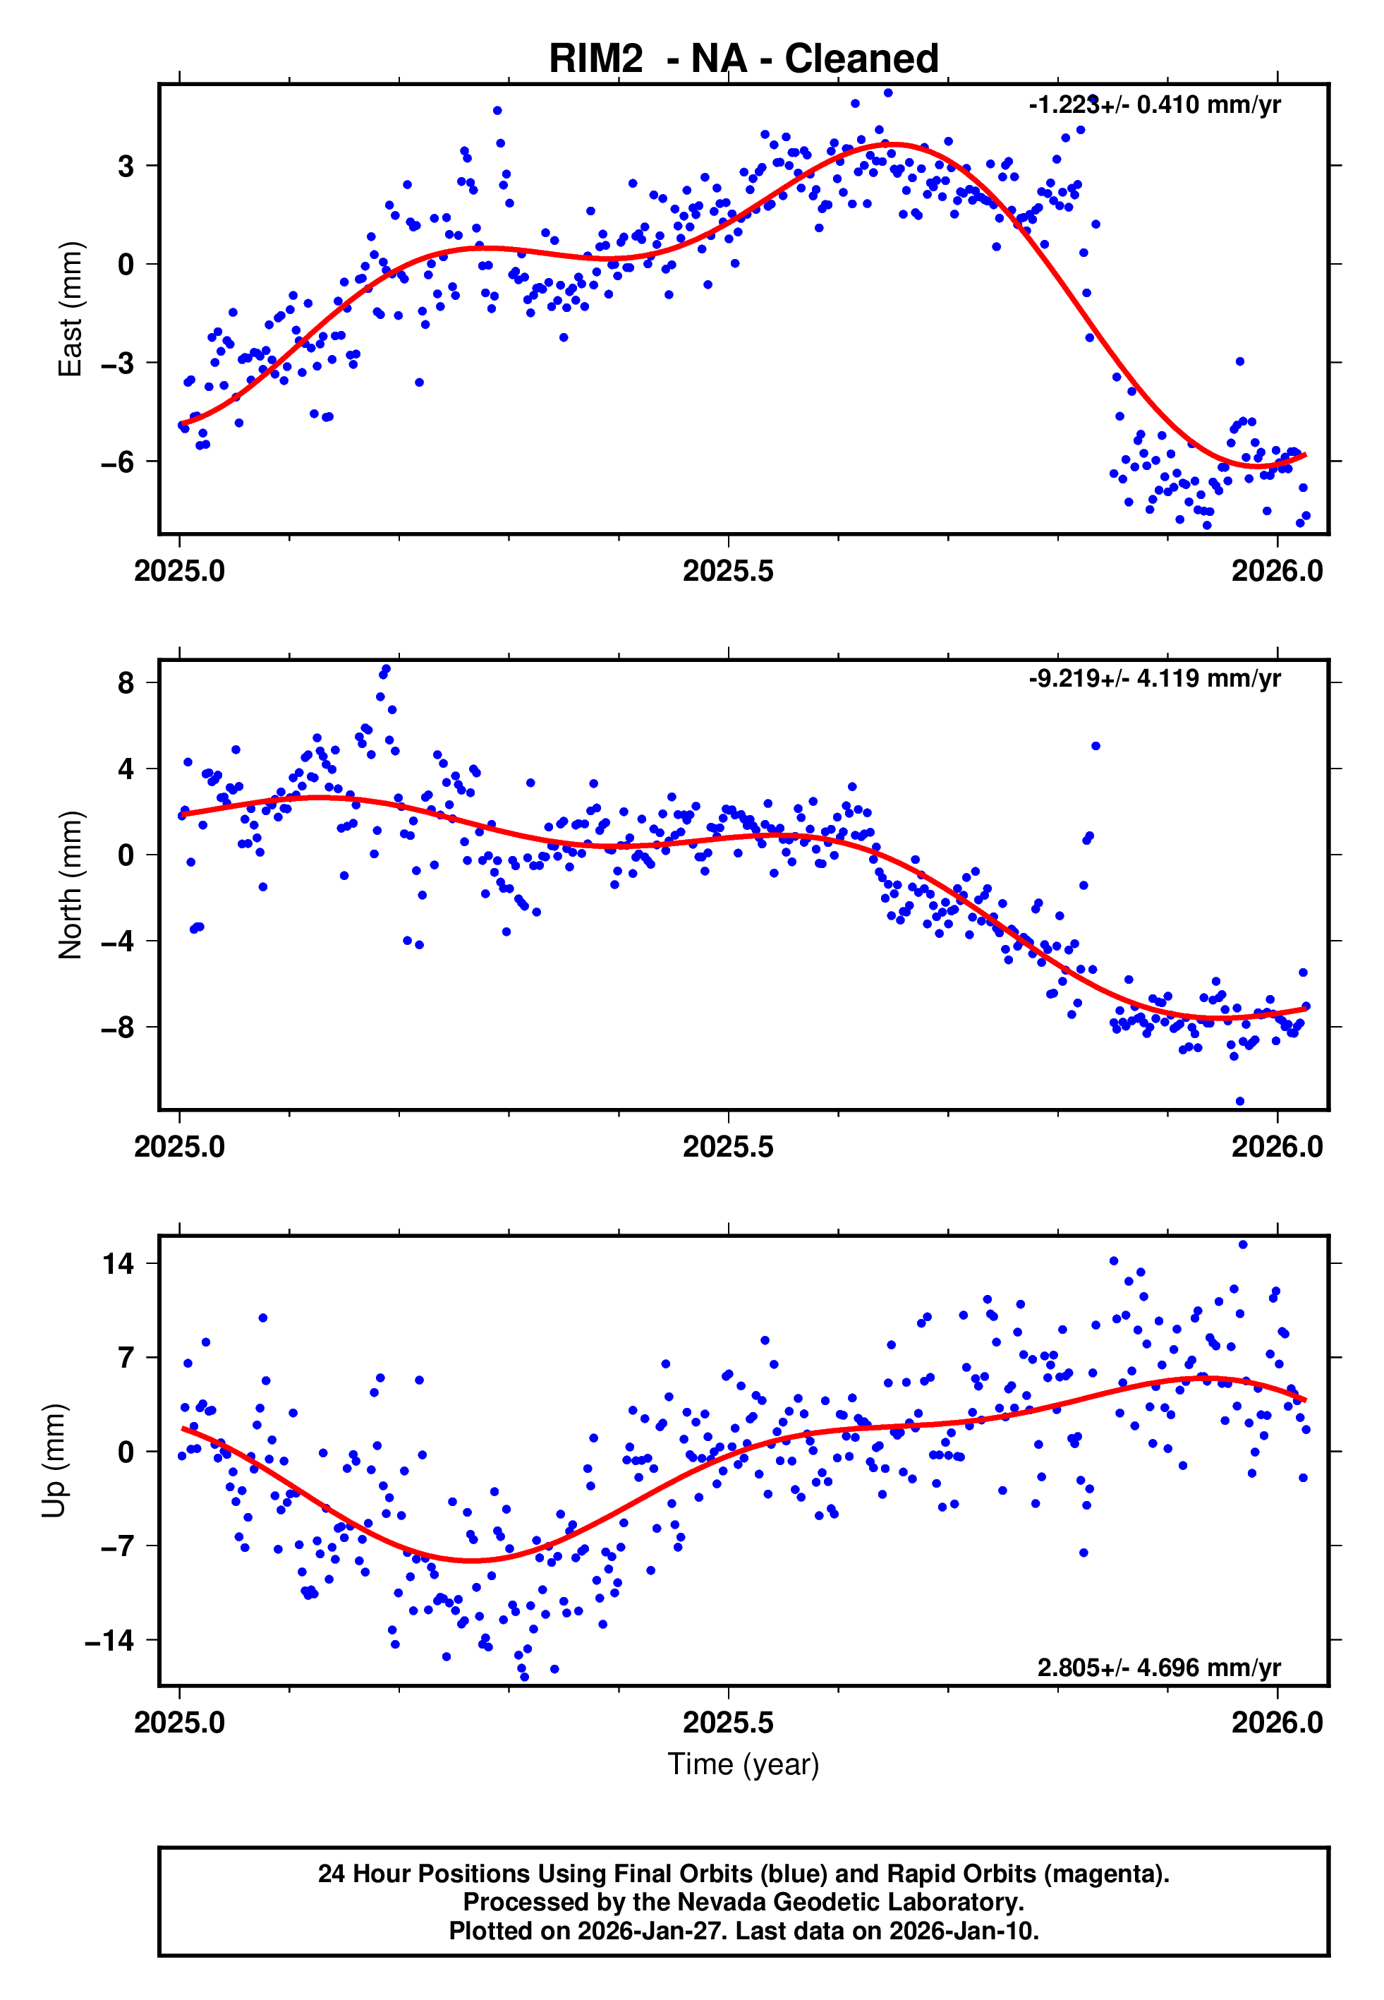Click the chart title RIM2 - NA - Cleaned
point(743,59)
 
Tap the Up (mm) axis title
point(54,1461)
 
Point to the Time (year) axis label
point(743,1765)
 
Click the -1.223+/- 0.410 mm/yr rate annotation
point(1154,105)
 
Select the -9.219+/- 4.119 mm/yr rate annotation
point(1154,678)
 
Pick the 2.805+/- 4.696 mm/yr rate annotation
point(1158,1668)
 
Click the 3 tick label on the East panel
point(126,166)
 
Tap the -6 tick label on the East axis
point(118,462)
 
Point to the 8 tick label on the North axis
point(126,682)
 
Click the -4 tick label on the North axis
point(118,941)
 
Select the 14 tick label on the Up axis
point(119,1264)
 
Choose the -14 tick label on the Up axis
point(110,1641)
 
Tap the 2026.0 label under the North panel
point(1277,1147)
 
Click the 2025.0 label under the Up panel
point(179,1723)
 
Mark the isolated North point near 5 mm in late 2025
point(1095,746)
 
